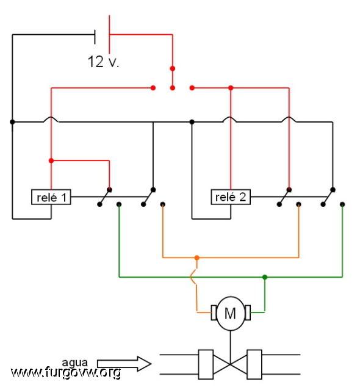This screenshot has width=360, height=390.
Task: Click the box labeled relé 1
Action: click(x=51, y=197)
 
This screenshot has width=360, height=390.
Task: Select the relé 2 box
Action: click(x=231, y=197)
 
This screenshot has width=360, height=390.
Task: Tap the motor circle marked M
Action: click(x=231, y=313)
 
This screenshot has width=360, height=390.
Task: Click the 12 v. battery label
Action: click(x=104, y=62)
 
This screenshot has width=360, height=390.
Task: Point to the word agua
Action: click(x=74, y=363)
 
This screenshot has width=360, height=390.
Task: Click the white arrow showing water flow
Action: click(x=124, y=364)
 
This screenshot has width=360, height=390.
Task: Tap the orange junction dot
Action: click(x=196, y=258)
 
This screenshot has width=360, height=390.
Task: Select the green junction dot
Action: click(x=265, y=277)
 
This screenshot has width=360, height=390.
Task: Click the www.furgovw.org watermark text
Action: click(x=66, y=372)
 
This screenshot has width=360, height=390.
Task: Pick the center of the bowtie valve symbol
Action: click(x=230, y=364)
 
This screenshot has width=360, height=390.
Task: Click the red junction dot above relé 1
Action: click(x=51, y=161)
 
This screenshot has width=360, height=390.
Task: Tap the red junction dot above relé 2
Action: click(x=231, y=88)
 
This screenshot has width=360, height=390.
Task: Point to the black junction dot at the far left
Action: click(x=12, y=122)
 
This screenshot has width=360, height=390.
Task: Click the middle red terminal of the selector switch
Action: click(x=173, y=88)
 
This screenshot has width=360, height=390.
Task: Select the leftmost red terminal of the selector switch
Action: click(x=153, y=88)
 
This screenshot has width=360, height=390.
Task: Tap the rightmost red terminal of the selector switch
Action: click(x=192, y=88)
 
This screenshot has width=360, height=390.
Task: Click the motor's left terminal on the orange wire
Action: click(x=214, y=312)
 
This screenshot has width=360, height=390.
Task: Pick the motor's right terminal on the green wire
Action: click(x=248, y=312)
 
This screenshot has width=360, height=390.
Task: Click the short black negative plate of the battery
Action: click(x=95, y=37)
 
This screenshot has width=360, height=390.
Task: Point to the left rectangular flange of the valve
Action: click(x=206, y=364)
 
